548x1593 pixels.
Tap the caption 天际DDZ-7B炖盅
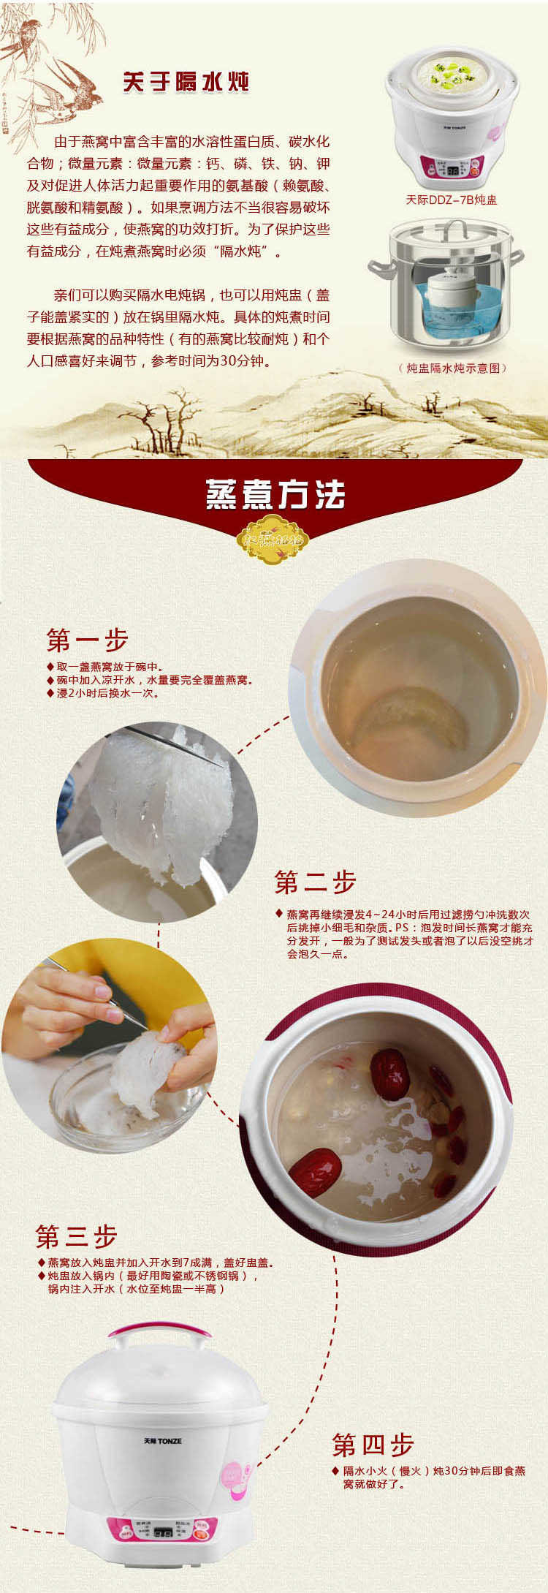pyautogui.click(x=452, y=200)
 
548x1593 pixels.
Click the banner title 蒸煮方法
pyautogui.click(x=275, y=495)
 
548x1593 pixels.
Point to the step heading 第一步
pyautogui.click(x=88, y=640)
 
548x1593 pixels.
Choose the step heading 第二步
pyautogui.click(x=315, y=882)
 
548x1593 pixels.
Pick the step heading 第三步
pyautogui.click(x=77, y=1237)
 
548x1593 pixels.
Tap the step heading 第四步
pyautogui.click(x=373, y=1445)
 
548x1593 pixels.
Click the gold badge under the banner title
pyautogui.click(x=273, y=540)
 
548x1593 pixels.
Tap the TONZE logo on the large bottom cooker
pyautogui.click(x=162, y=1441)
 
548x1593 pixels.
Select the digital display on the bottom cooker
pyautogui.click(x=164, y=1531)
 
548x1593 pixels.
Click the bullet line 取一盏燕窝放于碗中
pyautogui.click(x=110, y=667)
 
